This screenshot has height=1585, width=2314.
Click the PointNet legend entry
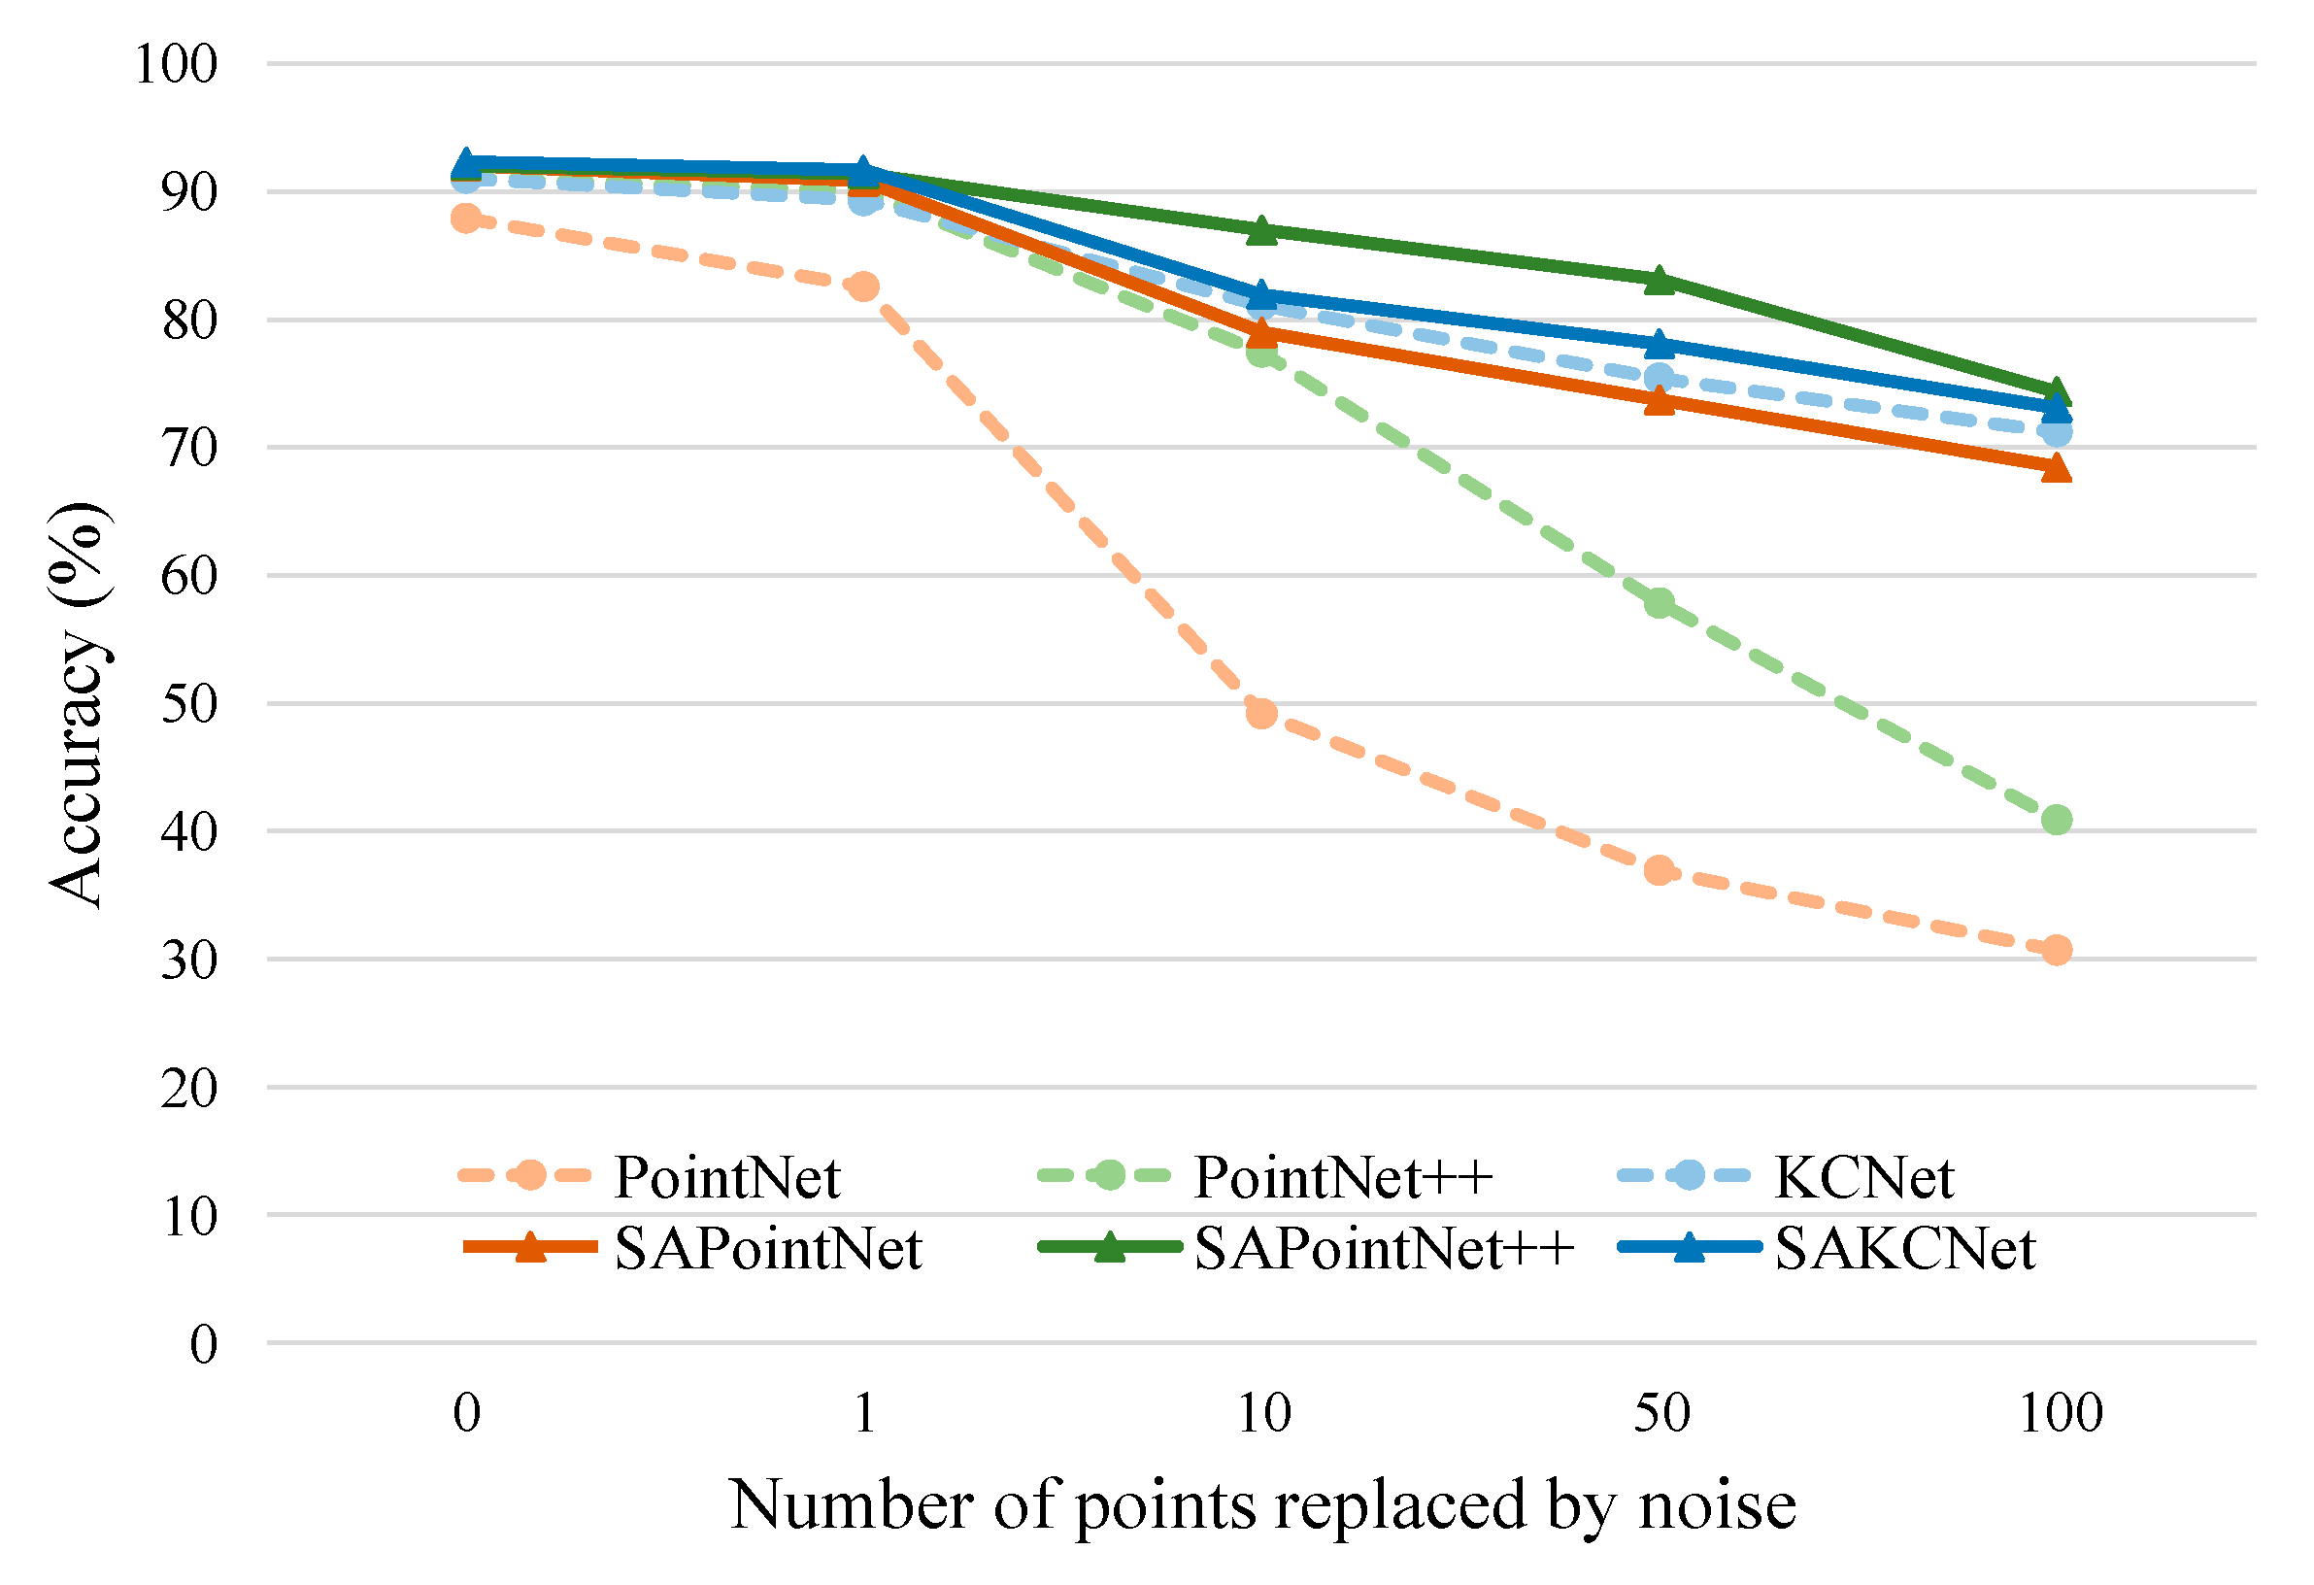(726, 1177)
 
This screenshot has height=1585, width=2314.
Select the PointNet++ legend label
(1341, 1177)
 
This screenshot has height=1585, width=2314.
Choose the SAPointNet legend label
(767, 1249)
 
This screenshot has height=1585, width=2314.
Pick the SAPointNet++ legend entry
(1382, 1249)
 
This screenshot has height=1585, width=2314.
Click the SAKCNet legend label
(1903, 1249)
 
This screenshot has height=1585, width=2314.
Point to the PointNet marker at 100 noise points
(2056, 950)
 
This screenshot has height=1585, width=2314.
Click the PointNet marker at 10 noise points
(1260, 713)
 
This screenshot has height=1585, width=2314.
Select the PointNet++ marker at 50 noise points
(1659, 602)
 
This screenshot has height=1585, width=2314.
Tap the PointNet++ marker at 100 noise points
(2056, 820)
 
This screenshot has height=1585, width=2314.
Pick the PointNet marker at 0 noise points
(465, 219)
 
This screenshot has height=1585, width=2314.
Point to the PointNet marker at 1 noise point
(863, 287)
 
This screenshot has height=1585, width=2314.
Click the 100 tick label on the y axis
(175, 65)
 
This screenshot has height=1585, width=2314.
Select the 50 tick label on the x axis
(1660, 1413)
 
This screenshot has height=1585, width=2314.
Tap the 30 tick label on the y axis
(188, 960)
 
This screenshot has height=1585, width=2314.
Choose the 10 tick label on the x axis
(1262, 1413)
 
